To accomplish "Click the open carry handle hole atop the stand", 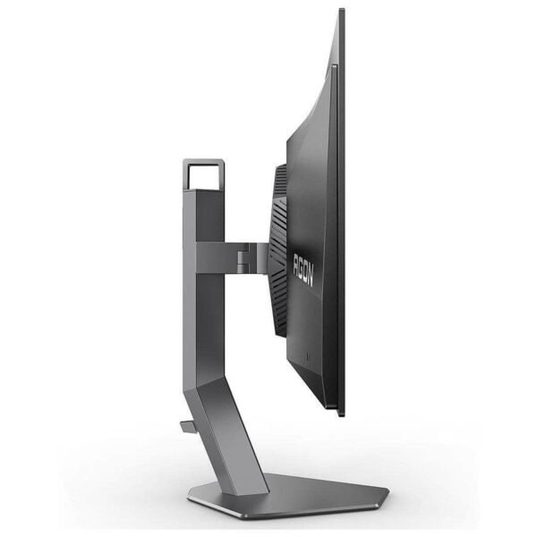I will pos(205,176).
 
